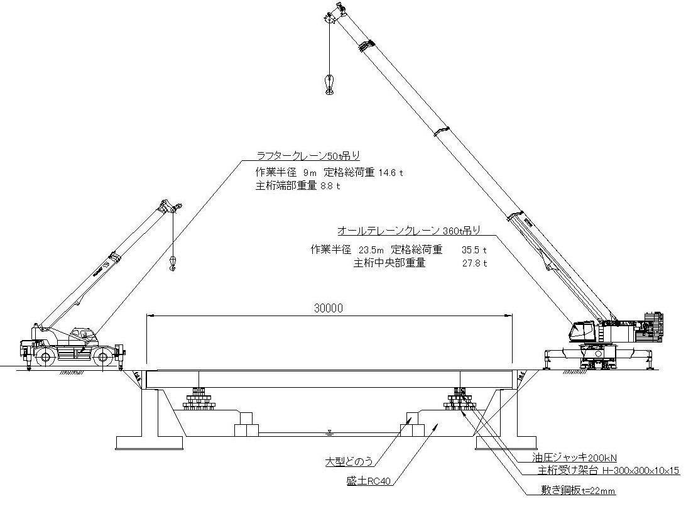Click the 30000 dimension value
click(329, 309)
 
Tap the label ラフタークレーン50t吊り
click(308, 156)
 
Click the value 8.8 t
click(330, 186)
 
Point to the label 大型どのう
click(349, 462)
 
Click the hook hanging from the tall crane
click(329, 85)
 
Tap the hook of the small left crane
click(173, 263)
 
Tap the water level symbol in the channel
click(330, 432)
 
